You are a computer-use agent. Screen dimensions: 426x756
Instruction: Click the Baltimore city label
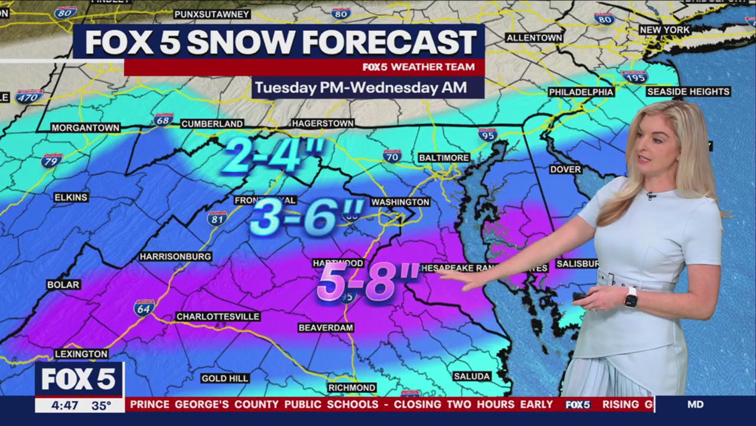(x=444, y=158)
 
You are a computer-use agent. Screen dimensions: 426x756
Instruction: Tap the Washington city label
(x=400, y=202)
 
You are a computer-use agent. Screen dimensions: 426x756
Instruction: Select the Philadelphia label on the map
(x=581, y=92)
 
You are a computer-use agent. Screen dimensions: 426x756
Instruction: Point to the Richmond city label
(x=352, y=388)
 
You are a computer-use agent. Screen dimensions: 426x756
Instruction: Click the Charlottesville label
(x=218, y=317)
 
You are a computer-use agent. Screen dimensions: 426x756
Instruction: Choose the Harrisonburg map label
(x=175, y=257)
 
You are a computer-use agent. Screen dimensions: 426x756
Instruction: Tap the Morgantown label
(x=85, y=128)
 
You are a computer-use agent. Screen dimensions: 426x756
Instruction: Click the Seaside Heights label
(x=688, y=92)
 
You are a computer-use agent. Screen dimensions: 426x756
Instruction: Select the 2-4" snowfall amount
(x=273, y=156)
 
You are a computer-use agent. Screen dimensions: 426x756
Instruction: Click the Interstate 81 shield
(x=217, y=218)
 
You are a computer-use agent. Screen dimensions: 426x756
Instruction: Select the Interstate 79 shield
(x=51, y=160)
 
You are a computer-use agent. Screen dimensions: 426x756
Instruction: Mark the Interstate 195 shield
(x=634, y=76)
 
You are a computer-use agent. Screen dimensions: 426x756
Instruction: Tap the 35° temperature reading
(x=101, y=405)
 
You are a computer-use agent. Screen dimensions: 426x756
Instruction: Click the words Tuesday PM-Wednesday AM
(x=360, y=88)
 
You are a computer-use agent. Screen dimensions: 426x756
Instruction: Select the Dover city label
(x=565, y=169)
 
